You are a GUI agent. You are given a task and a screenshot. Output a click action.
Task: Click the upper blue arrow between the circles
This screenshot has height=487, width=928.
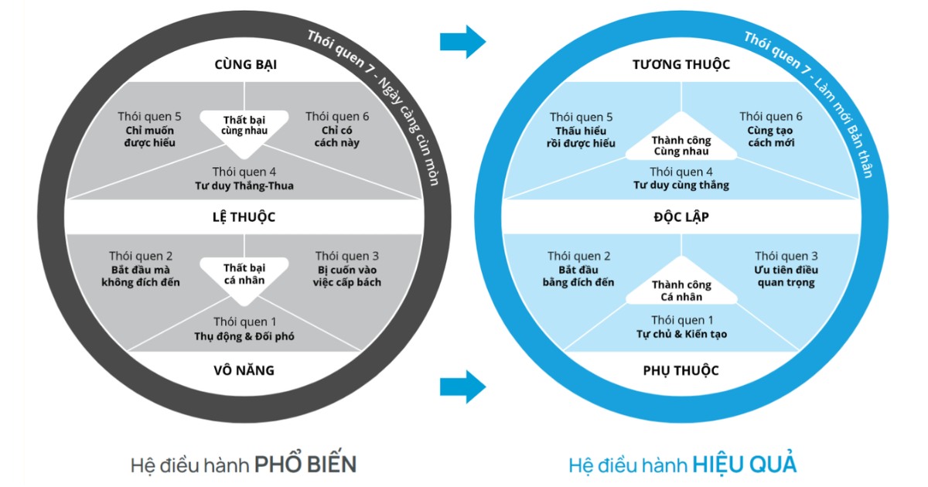point(462,40)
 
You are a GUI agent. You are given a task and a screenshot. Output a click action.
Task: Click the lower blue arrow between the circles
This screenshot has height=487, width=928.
point(462,385)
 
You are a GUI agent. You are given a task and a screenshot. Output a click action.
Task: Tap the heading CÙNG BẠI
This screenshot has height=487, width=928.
point(245,64)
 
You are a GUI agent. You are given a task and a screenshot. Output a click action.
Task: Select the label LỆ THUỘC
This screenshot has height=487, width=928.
point(245,217)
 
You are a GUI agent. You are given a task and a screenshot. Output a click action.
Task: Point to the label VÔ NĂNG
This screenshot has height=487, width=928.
point(244,370)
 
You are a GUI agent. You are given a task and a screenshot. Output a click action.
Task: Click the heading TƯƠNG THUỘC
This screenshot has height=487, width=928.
point(681,64)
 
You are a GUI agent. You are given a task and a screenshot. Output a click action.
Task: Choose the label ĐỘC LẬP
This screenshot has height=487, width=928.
point(681,217)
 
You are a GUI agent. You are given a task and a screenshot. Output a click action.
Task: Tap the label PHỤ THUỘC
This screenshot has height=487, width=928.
point(681,370)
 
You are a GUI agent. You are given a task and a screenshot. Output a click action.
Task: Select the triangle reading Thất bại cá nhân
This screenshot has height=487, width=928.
point(244,273)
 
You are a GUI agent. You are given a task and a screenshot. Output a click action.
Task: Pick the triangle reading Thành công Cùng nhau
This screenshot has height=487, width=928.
point(681,145)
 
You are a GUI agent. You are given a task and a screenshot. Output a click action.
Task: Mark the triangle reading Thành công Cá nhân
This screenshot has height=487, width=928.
point(681,290)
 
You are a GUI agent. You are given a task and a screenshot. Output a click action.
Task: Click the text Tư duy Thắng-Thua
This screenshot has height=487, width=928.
point(244,186)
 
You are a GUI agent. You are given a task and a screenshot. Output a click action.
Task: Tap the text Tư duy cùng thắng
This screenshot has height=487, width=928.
point(681,186)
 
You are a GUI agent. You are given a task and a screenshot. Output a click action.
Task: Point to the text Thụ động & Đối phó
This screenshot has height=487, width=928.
point(244,336)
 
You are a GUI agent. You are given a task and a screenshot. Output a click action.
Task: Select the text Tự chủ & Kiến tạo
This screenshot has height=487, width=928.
point(681,335)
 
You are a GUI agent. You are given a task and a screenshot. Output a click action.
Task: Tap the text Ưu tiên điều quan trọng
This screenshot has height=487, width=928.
point(786,276)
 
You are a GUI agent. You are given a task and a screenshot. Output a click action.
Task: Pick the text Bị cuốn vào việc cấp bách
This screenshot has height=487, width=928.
point(348,276)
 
